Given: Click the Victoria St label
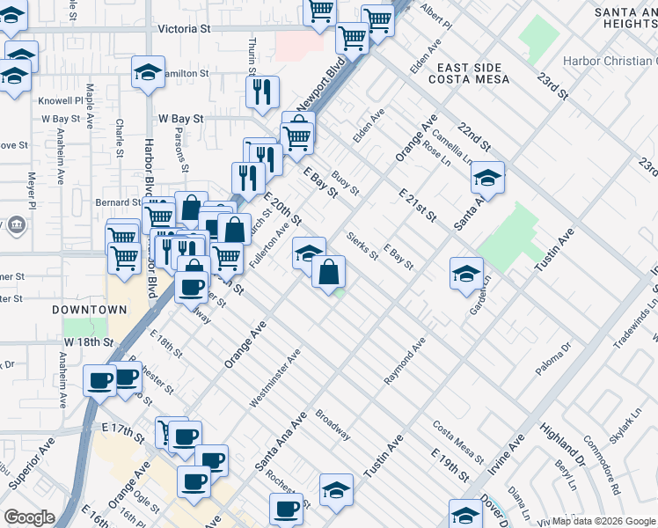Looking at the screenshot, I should pyautogui.click(x=185, y=28).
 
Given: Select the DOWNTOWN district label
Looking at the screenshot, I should pyautogui.click(x=89, y=310).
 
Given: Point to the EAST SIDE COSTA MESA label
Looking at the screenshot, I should pyautogui.click(x=470, y=74).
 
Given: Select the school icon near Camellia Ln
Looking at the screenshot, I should pyautogui.click(x=486, y=179).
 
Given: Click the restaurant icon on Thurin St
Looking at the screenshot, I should pyautogui.click(x=261, y=92).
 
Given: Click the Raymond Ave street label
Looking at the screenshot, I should pyautogui.click(x=404, y=360).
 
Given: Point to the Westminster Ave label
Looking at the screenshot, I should pyautogui.click(x=274, y=378).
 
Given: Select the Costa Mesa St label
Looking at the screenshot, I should pyautogui.click(x=457, y=442).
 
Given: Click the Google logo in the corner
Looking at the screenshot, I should pyautogui.click(x=29, y=517).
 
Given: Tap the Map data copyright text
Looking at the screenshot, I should pyautogui.click(x=603, y=521).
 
